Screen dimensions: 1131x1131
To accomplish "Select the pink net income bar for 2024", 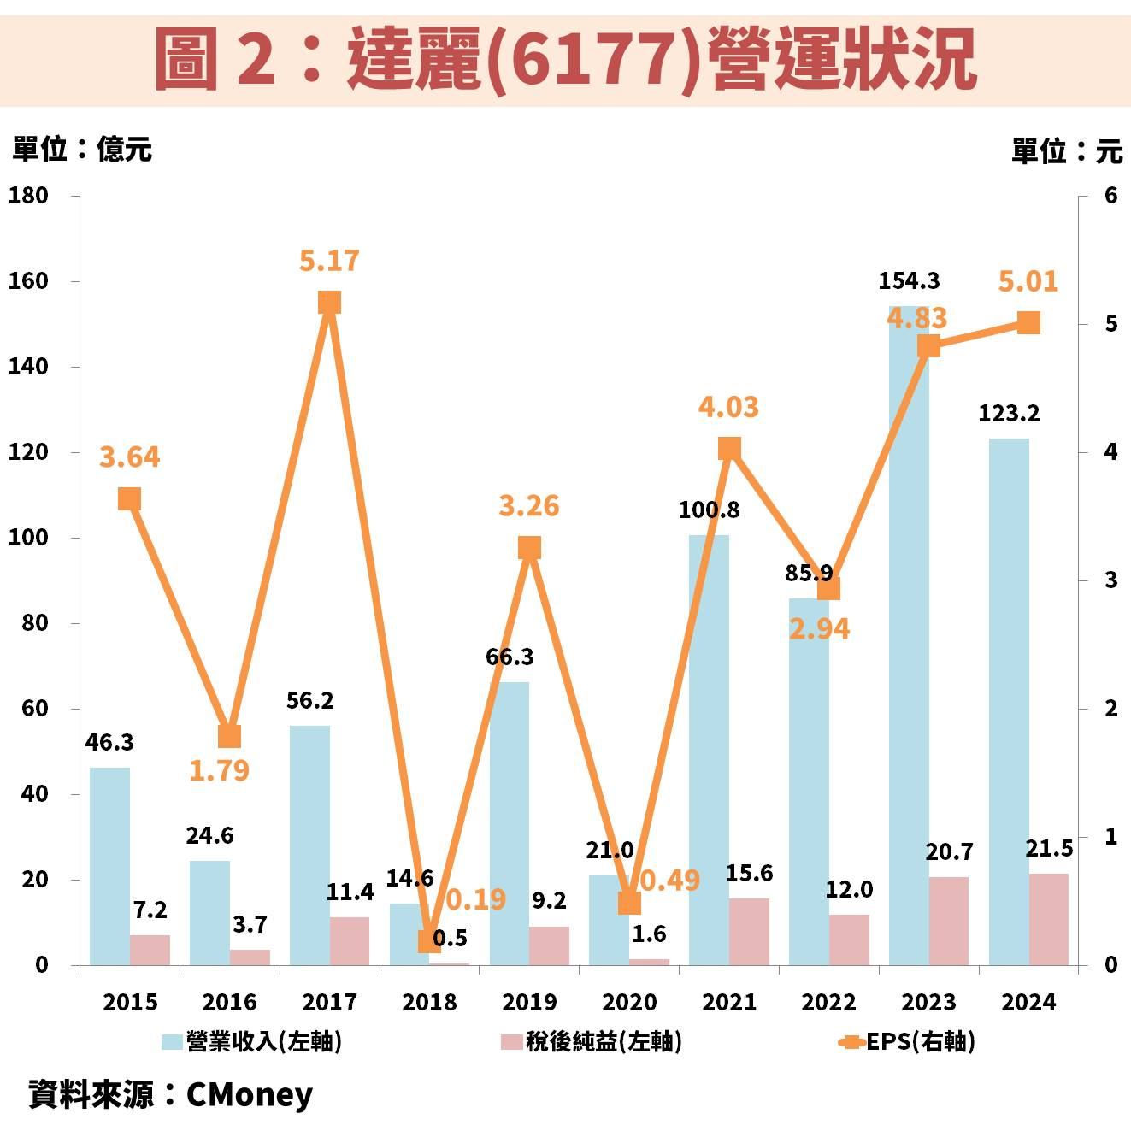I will [1049, 920].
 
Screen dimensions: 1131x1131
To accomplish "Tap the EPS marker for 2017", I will [329, 303].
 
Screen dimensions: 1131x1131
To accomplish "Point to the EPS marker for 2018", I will [429, 941].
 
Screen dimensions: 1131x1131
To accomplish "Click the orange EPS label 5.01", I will [1028, 281].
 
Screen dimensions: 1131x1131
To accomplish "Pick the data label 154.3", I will [909, 280].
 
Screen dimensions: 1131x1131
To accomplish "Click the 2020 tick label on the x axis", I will [629, 1002].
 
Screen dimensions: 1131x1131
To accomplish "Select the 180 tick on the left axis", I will [28, 196].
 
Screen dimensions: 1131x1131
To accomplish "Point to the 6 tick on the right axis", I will [1110, 196].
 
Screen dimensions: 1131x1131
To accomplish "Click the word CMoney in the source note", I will [249, 1094].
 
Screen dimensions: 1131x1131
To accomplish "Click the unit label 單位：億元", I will [82, 150].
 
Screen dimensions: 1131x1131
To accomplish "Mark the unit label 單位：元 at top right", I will [1066, 151].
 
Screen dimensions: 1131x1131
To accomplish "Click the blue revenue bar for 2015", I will [109, 866].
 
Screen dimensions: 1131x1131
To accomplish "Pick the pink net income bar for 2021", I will [749, 932].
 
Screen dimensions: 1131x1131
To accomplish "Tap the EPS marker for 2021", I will [729, 449].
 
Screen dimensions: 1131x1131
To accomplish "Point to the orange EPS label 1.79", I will [219, 770].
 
